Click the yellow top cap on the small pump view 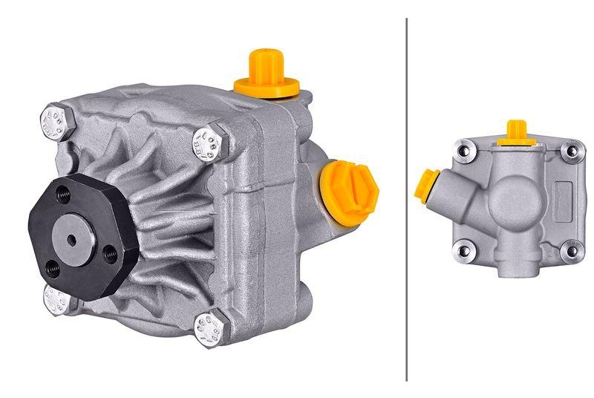(514, 131)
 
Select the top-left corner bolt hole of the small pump (464, 153)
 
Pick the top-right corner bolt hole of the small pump (571, 151)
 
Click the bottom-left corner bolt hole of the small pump (464, 251)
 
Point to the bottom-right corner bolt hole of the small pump (571, 251)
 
